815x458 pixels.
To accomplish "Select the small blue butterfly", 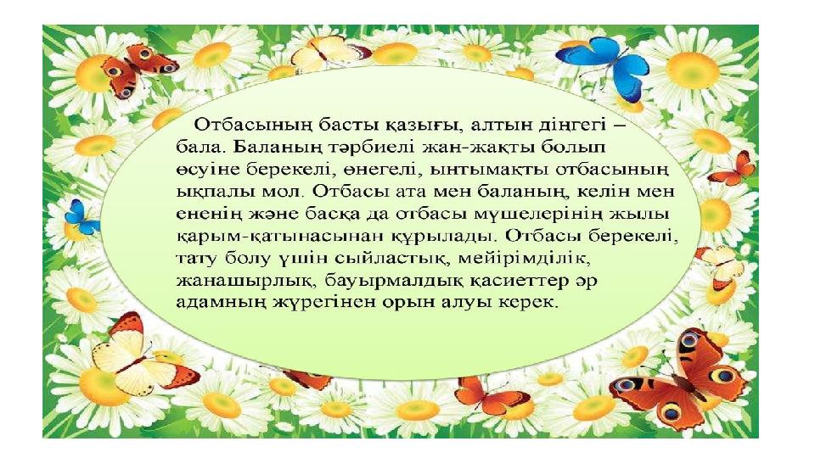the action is click(x=82, y=218).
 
